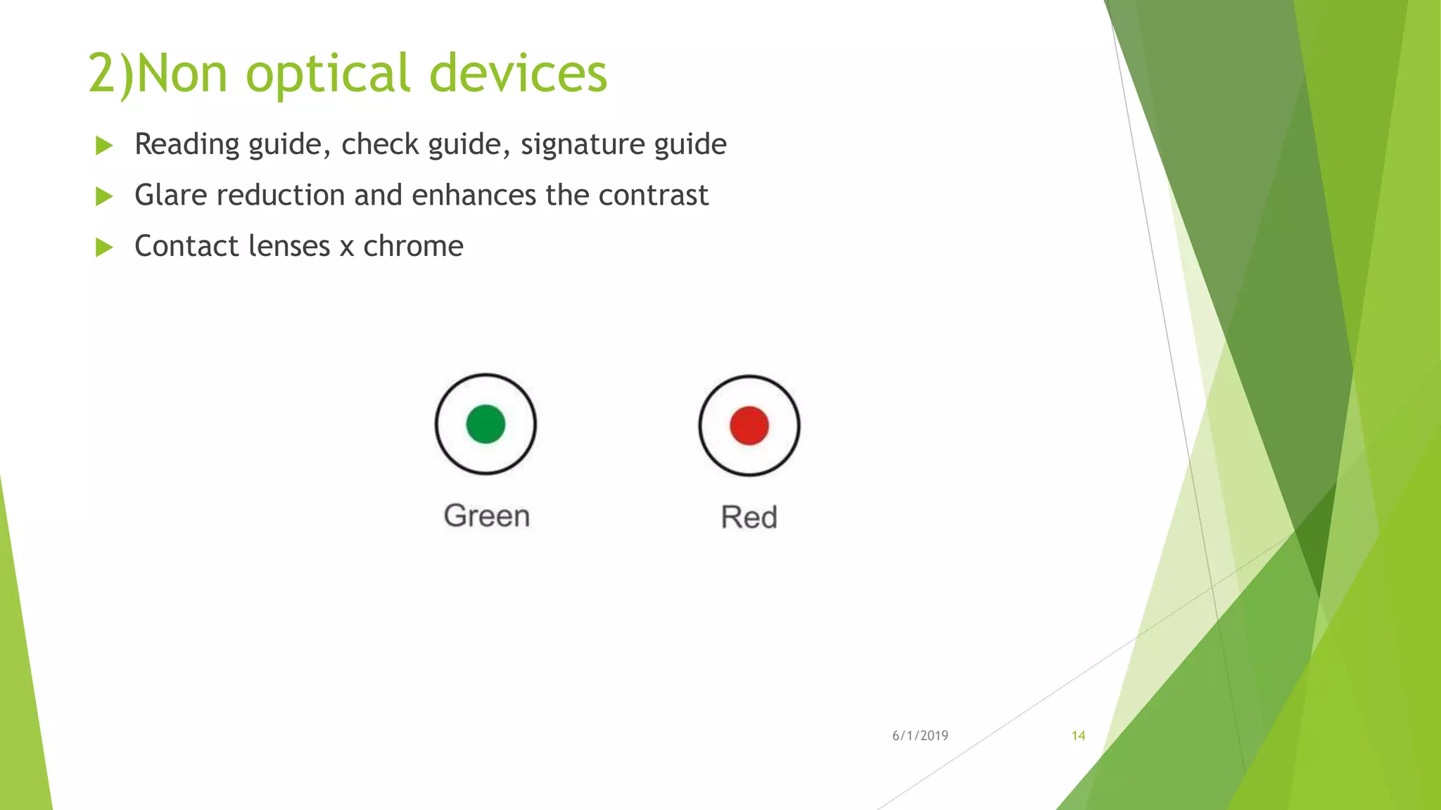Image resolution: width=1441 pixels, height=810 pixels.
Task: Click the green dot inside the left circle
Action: point(485,424)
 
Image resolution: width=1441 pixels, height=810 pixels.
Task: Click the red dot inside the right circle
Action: point(749,425)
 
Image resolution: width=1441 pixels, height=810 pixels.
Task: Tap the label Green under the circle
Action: point(486,516)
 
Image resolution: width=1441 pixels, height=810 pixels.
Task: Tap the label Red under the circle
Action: point(749,517)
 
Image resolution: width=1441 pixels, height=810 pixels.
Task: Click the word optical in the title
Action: point(327,73)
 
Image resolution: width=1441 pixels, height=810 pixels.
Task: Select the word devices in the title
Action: point(518,73)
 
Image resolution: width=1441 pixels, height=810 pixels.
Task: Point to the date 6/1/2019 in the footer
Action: point(920,735)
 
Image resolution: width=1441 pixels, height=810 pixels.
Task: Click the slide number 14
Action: point(1078,735)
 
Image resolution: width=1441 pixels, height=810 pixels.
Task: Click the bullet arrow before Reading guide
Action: point(104,146)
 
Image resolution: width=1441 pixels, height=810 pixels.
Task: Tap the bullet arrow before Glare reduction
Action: point(104,196)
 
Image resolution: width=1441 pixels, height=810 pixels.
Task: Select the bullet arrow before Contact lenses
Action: point(104,247)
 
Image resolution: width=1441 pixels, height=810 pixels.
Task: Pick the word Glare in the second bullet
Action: point(171,195)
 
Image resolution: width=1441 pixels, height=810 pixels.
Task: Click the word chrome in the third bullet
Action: point(413,246)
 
